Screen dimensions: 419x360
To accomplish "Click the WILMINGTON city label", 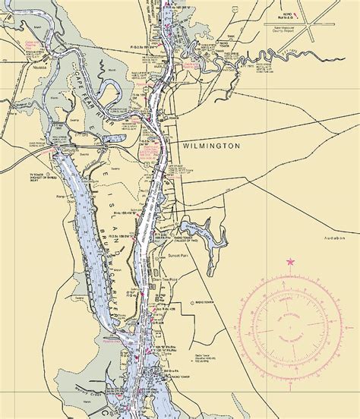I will point(211,144).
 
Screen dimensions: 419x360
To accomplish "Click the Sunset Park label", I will point(178,257).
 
